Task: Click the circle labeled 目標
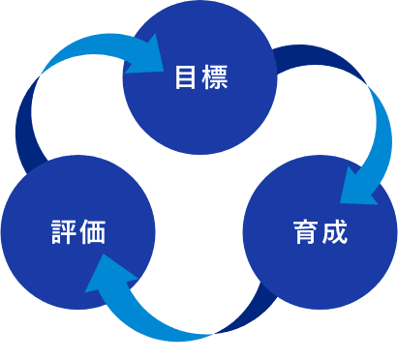(199, 77)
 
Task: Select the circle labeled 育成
(320, 232)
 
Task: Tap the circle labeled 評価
(78, 232)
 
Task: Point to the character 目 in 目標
(185, 77)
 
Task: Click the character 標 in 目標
(215, 77)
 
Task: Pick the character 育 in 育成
(305, 232)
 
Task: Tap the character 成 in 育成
(335, 232)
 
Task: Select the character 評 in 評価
(64, 232)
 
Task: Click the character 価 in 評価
(93, 232)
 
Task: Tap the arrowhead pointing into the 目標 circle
(147, 55)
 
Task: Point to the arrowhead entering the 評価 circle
(108, 274)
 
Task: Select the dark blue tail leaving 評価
(26, 129)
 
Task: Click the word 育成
(321, 232)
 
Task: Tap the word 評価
(78, 232)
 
